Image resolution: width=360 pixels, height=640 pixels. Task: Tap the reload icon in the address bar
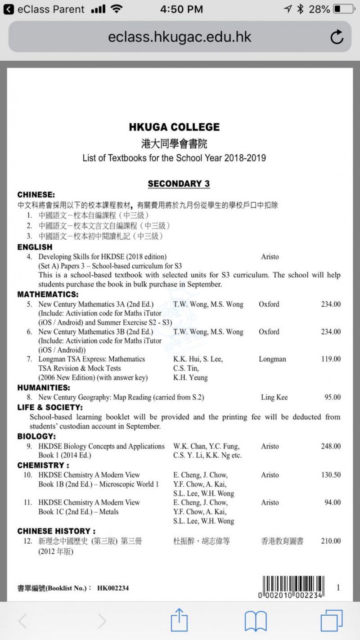pyautogui.click(x=337, y=37)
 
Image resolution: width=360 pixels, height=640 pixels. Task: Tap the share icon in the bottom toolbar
pyautogui.click(x=179, y=621)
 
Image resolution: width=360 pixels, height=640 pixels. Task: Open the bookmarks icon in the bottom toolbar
pyautogui.click(x=256, y=621)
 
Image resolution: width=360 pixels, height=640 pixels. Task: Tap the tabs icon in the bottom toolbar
pyautogui.click(x=331, y=621)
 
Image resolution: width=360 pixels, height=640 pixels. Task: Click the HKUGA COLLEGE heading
pyautogui.click(x=174, y=127)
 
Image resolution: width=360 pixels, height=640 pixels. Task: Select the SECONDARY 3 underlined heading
pyautogui.click(x=179, y=184)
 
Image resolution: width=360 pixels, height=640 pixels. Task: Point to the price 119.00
pyautogui.click(x=331, y=359)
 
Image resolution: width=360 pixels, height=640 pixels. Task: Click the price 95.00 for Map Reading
pyautogui.click(x=333, y=398)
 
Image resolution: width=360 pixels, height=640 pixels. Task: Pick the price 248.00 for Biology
pyautogui.click(x=331, y=447)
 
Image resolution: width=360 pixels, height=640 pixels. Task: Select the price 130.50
pyautogui.click(x=331, y=475)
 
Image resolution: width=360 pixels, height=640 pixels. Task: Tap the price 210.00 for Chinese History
pyautogui.click(x=331, y=541)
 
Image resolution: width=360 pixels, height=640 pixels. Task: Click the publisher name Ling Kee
pyautogui.click(x=274, y=398)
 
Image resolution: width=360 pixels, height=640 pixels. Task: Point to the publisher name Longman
pyautogui.click(x=272, y=359)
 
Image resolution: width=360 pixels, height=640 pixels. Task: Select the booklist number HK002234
pyautogui.click(x=113, y=588)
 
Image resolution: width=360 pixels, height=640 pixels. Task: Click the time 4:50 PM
pyautogui.click(x=181, y=9)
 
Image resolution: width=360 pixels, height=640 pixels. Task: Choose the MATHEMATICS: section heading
pyautogui.click(x=48, y=295)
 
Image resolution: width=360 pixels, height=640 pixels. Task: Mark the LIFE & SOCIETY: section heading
pyautogui.click(x=50, y=407)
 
